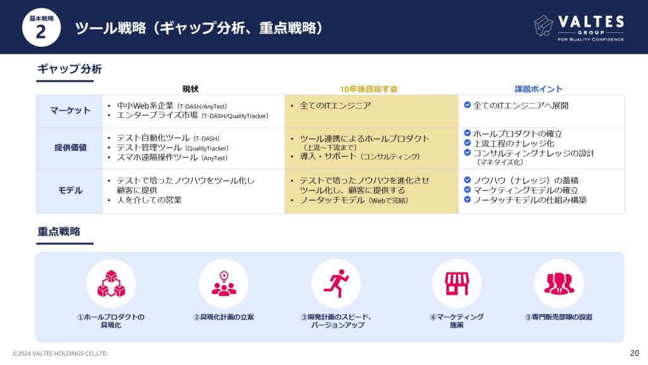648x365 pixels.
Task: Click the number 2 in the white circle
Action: pyautogui.click(x=41, y=32)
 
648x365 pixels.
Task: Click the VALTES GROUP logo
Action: pyautogui.click(x=579, y=27)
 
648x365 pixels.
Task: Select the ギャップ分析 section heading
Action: pyautogui.click(x=70, y=68)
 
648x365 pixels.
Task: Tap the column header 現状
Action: pyautogui.click(x=190, y=89)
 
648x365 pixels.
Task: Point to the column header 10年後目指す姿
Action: pyautogui.click(x=369, y=89)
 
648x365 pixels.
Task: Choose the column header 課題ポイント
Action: pyautogui.click(x=539, y=89)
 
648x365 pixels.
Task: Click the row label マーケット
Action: pyautogui.click(x=70, y=110)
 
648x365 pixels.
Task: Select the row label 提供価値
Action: pyautogui.click(x=70, y=148)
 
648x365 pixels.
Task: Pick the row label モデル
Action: pyautogui.click(x=70, y=190)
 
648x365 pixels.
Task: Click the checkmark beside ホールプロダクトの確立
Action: pyautogui.click(x=468, y=133)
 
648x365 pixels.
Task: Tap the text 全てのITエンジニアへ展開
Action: pyautogui.click(x=521, y=106)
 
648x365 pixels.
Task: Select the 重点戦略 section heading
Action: pyautogui.click(x=59, y=231)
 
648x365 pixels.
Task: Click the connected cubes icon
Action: pyautogui.click(x=111, y=284)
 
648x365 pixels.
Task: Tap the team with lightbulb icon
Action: pyautogui.click(x=224, y=283)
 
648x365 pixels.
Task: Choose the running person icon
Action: pyautogui.click(x=337, y=283)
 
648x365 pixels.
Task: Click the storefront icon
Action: pyautogui.click(x=457, y=283)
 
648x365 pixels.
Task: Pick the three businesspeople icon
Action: pyautogui.click(x=559, y=283)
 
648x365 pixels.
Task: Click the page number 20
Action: pyautogui.click(x=634, y=353)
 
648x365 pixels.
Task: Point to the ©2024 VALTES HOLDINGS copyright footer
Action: pyautogui.click(x=60, y=354)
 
